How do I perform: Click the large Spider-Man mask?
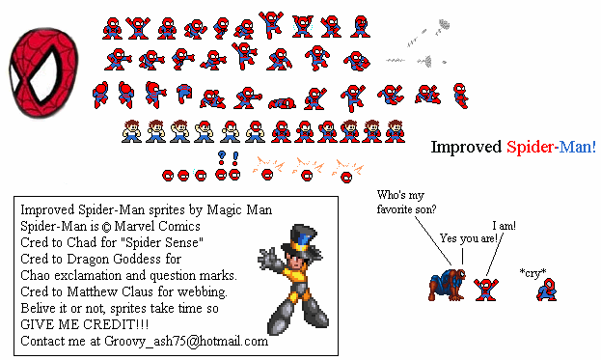click(x=43, y=72)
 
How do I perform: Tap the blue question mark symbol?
click(x=221, y=157)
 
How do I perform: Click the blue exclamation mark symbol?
click(x=235, y=158)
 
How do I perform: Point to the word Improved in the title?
click(x=466, y=148)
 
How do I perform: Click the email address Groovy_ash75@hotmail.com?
click(x=186, y=342)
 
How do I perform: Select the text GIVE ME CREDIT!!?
click(x=84, y=324)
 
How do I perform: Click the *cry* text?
click(x=533, y=273)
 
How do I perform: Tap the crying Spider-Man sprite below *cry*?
click(x=547, y=290)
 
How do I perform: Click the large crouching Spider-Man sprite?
click(x=448, y=284)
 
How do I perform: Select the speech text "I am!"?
click(x=504, y=226)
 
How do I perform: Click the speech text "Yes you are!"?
click(x=469, y=238)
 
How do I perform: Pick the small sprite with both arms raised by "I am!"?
click(x=486, y=290)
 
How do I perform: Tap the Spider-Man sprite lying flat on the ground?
click(x=282, y=103)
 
